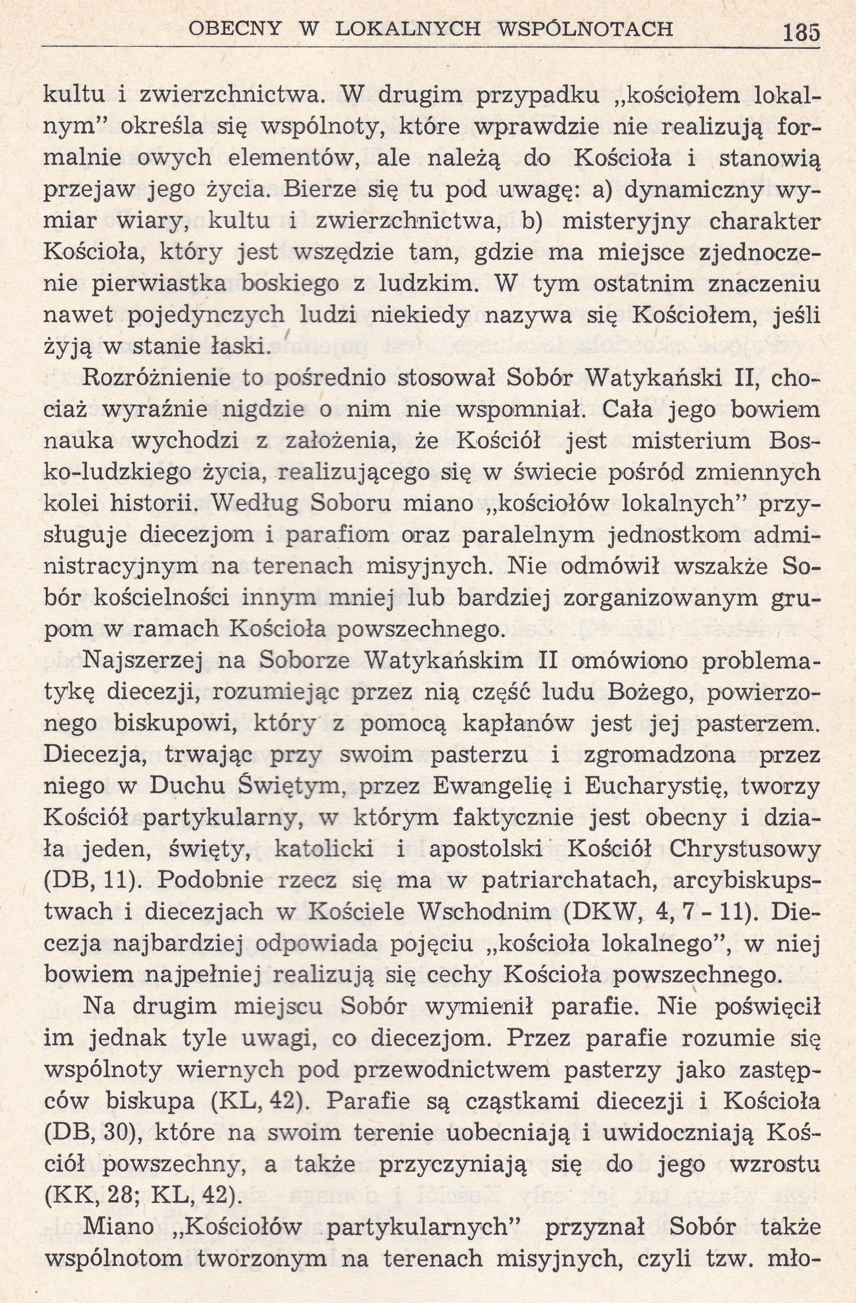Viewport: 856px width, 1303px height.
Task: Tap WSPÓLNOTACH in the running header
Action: (x=587, y=29)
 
